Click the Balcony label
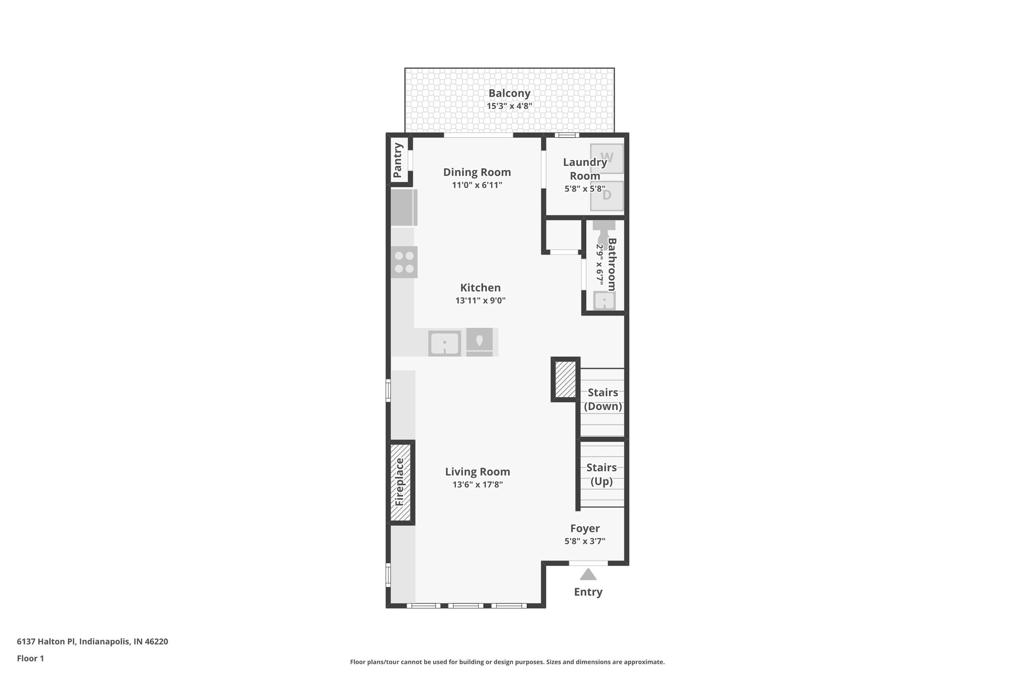coord(509,93)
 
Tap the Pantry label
coord(397,160)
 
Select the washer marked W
coord(607,158)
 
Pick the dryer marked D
coord(607,195)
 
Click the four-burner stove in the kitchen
coord(404,262)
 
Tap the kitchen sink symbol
coord(445,343)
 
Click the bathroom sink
coord(604,301)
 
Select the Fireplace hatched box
coord(400,482)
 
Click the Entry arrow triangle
coord(588,574)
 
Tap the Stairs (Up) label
coord(602,474)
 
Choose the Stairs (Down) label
coord(603,399)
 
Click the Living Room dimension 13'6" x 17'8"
coord(477,485)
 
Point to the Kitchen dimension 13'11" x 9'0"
coord(480,301)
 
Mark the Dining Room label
coord(477,172)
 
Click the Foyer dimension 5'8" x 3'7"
coord(585,541)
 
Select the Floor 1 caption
coord(31,658)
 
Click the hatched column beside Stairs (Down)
coord(565,379)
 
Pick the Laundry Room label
coord(585,169)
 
